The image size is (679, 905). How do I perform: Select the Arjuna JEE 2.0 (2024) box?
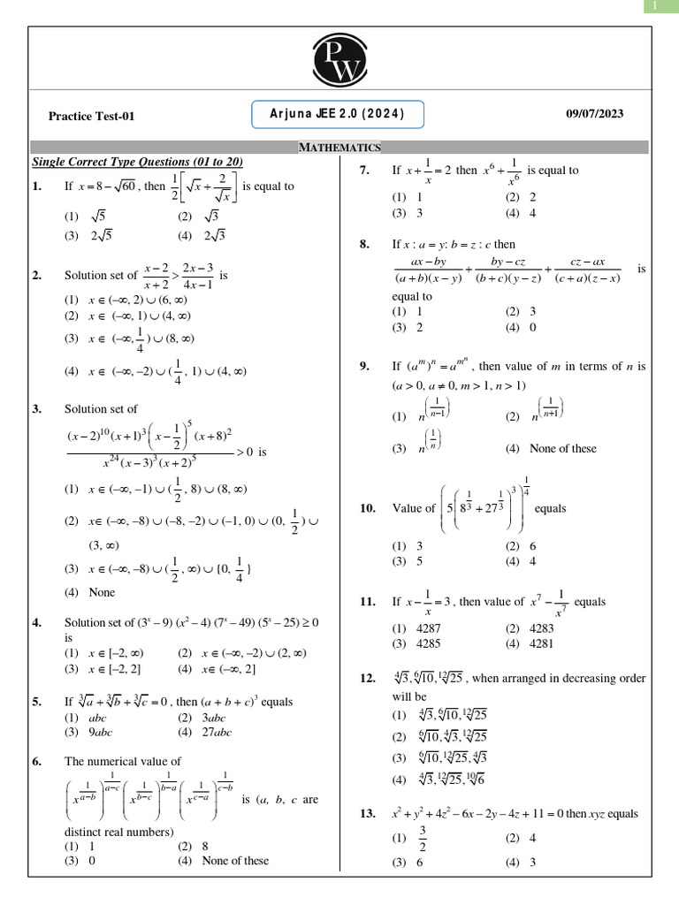(338, 114)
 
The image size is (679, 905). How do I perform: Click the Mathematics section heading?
(339, 148)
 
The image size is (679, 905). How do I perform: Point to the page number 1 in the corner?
(654, 7)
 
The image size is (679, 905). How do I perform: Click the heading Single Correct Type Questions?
(137, 163)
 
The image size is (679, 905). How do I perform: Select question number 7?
(364, 171)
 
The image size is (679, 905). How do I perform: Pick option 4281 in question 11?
(541, 643)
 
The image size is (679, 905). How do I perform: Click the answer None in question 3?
(102, 592)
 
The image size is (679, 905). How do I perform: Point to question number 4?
(36, 623)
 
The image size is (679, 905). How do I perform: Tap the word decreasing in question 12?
(604, 679)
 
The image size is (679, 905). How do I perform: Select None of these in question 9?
(562, 448)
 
